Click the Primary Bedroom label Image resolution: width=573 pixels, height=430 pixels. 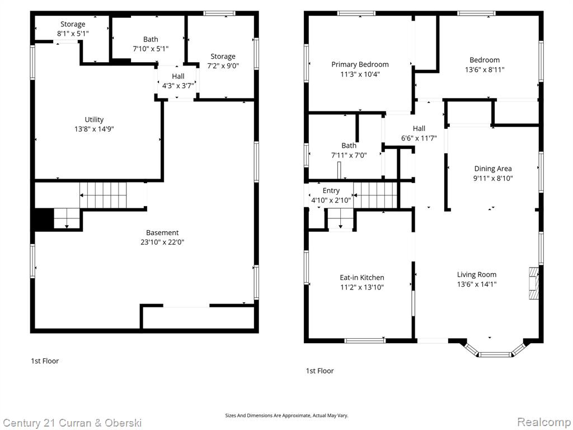(360, 64)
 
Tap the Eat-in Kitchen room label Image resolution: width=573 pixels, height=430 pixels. (362, 278)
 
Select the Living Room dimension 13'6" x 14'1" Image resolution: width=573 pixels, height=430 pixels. (477, 284)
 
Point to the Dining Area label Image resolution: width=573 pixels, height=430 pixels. (492, 169)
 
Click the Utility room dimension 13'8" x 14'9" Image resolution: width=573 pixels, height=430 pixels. (94, 129)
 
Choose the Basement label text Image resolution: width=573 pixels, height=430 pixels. (162, 232)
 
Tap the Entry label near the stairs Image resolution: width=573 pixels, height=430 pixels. (331, 190)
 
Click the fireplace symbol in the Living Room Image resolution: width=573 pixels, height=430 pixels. (533, 283)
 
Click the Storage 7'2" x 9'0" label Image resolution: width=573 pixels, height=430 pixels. (223, 61)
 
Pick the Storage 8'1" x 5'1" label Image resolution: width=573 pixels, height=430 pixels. (73, 29)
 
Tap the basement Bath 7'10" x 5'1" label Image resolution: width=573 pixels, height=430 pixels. (151, 44)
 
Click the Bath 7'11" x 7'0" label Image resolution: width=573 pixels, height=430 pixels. (349, 150)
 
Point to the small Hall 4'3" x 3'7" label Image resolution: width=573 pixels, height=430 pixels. (178, 81)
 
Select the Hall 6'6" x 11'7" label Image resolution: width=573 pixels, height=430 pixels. (419, 133)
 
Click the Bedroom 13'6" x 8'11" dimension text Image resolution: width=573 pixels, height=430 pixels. (485, 69)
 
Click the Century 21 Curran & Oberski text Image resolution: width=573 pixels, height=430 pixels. (72, 423)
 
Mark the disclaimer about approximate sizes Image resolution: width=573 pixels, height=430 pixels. (286, 415)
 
